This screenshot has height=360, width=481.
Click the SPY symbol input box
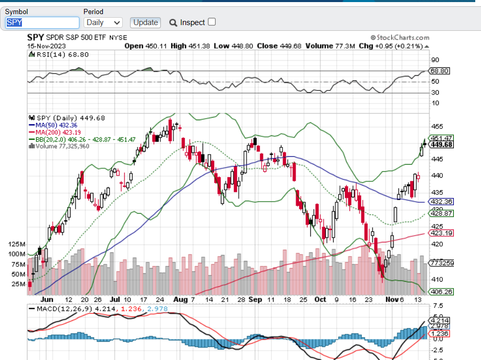[x=42, y=22]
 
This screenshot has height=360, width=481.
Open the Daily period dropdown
[x=103, y=22]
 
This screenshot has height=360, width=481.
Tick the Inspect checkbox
[x=212, y=22]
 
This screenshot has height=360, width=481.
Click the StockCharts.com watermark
[x=400, y=38]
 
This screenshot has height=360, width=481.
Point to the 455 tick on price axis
[x=437, y=126]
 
